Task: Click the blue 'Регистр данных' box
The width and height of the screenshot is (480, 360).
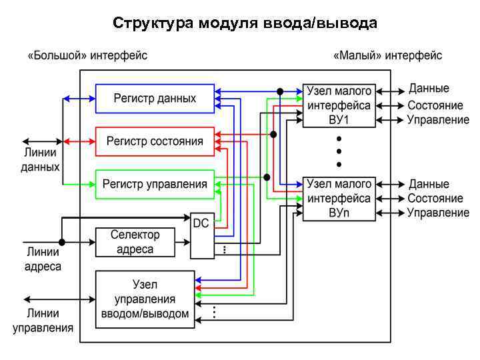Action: tap(155, 98)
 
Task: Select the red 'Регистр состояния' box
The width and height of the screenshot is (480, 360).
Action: tap(155, 141)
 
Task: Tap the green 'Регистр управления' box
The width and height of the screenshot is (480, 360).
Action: tap(155, 184)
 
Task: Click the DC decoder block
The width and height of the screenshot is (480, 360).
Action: tap(201, 235)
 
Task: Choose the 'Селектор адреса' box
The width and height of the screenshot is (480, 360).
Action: tap(135, 242)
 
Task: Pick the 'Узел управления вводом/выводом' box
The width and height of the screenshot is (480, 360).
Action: tap(145, 299)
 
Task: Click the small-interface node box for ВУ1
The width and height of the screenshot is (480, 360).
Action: tap(339, 105)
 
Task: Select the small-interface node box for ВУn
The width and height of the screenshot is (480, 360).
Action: tap(339, 199)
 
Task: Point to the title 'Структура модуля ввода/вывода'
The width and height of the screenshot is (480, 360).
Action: tap(245, 23)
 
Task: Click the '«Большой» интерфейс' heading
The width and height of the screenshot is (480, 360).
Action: tap(87, 55)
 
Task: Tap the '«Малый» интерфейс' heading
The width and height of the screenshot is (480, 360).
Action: tap(387, 55)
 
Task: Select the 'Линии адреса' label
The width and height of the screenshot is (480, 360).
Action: tap(43, 259)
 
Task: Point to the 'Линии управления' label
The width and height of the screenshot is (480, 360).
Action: tap(43, 320)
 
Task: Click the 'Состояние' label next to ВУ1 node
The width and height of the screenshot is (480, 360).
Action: tap(435, 105)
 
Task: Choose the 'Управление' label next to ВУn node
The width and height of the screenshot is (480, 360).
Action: tap(438, 213)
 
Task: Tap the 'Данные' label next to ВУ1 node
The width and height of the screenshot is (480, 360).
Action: tap(429, 89)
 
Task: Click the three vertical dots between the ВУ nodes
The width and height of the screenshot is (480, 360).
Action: tap(339, 151)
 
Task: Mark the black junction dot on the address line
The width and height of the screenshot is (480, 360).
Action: tap(62, 242)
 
